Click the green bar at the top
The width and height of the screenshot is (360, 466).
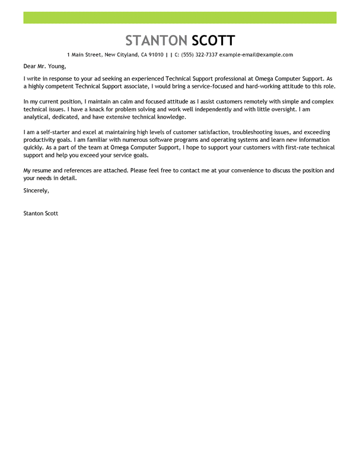click(x=180, y=17)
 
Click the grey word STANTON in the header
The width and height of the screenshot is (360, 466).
click(x=156, y=40)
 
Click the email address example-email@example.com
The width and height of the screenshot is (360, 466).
click(x=256, y=55)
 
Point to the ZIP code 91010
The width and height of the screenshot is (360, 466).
click(x=156, y=55)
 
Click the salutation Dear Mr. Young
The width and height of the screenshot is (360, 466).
click(x=45, y=66)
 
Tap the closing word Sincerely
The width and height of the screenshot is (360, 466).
click(x=36, y=191)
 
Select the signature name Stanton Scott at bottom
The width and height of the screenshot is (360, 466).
click(x=40, y=213)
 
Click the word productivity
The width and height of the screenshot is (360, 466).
click(x=42, y=140)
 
